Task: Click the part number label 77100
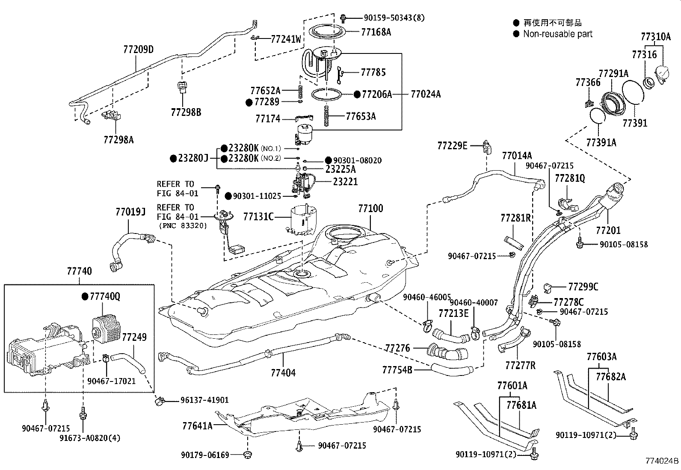point(370,209)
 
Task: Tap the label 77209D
point(138,50)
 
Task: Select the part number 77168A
point(376,32)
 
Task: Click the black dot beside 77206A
point(357,94)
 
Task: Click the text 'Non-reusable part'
point(558,34)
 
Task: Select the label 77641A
point(197,426)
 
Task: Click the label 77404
point(283,373)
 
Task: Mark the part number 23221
point(345,182)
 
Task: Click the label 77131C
point(258,217)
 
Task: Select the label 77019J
point(130,212)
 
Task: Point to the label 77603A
point(601,357)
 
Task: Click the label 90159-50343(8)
point(394,18)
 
